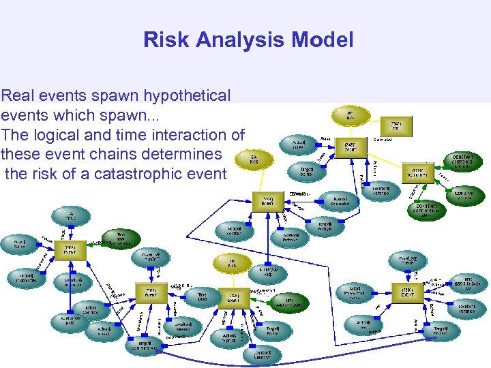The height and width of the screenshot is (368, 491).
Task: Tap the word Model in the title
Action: [323, 40]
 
